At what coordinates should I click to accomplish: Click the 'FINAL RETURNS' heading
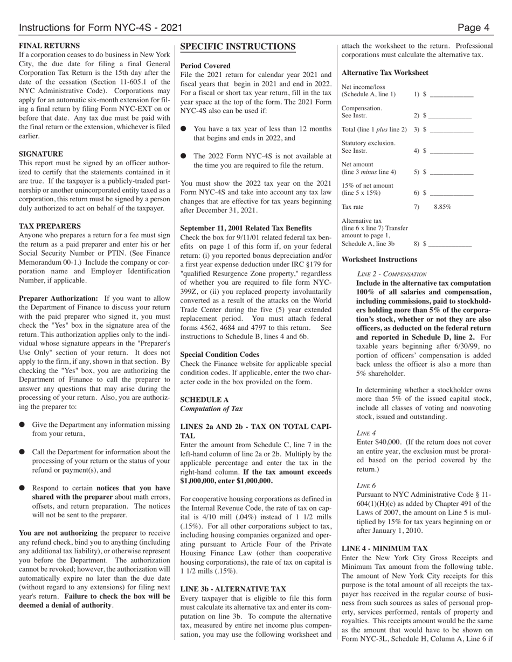tap(50, 46)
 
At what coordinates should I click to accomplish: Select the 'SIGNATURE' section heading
tap(41, 153)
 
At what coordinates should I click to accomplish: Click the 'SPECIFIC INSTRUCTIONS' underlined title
tap(238, 47)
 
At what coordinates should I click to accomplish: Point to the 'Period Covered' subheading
tap(205, 66)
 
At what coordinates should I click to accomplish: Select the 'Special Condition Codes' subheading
tap(219, 355)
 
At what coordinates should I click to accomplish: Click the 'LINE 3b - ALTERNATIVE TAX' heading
tap(233, 589)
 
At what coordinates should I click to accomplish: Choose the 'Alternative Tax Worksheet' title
tap(385, 73)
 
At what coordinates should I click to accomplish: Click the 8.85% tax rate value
tap(442, 207)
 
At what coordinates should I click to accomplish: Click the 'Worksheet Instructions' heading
tap(379, 259)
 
